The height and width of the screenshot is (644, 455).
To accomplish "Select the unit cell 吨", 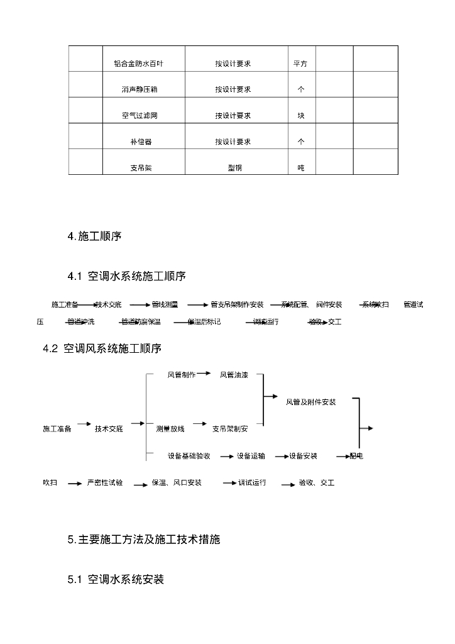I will (301, 168).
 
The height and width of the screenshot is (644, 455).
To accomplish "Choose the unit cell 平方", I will (300, 64).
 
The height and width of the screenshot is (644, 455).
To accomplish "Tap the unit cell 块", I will (301, 116).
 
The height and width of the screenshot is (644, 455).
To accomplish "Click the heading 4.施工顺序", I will (94, 236).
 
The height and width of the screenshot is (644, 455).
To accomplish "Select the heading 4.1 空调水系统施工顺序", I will (126, 276).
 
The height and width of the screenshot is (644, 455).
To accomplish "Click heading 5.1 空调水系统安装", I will (116, 579).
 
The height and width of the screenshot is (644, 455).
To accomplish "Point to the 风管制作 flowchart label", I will (181, 375).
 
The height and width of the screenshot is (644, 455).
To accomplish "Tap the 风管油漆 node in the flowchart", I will (233, 375).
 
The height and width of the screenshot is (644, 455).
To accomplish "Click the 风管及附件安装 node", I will (310, 402).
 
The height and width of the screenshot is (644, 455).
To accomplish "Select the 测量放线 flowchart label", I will (170, 429).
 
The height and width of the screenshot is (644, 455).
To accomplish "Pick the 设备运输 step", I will (251, 456).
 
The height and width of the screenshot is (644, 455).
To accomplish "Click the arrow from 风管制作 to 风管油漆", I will (206, 374).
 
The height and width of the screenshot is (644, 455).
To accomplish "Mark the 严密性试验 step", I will (105, 483).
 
